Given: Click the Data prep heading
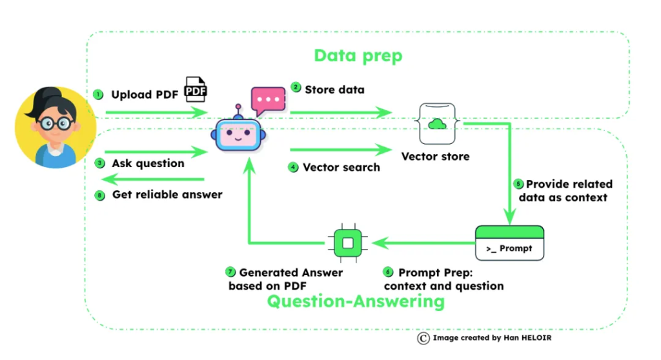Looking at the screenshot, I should pos(358,55).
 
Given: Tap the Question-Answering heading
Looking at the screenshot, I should pos(356,301).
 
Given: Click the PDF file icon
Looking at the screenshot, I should pos(196,90).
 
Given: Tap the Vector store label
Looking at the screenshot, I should pos(435,156).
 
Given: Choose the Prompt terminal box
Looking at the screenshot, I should pos(509,242).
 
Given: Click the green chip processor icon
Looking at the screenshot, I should pos(347,243).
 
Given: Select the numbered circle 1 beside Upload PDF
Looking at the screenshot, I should pos(98,95).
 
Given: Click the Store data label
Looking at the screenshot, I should pos(334,89).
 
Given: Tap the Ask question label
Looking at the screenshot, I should pos(148,163).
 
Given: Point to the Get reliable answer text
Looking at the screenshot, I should pos(167,194).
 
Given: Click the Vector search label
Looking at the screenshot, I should pos(341,167).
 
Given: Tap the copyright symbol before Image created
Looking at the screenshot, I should pos(423,337).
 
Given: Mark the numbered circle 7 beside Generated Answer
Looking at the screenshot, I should pos(231,272).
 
